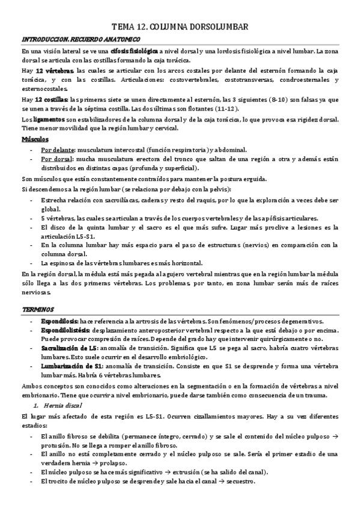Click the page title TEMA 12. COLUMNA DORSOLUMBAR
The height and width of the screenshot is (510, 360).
(180, 26)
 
